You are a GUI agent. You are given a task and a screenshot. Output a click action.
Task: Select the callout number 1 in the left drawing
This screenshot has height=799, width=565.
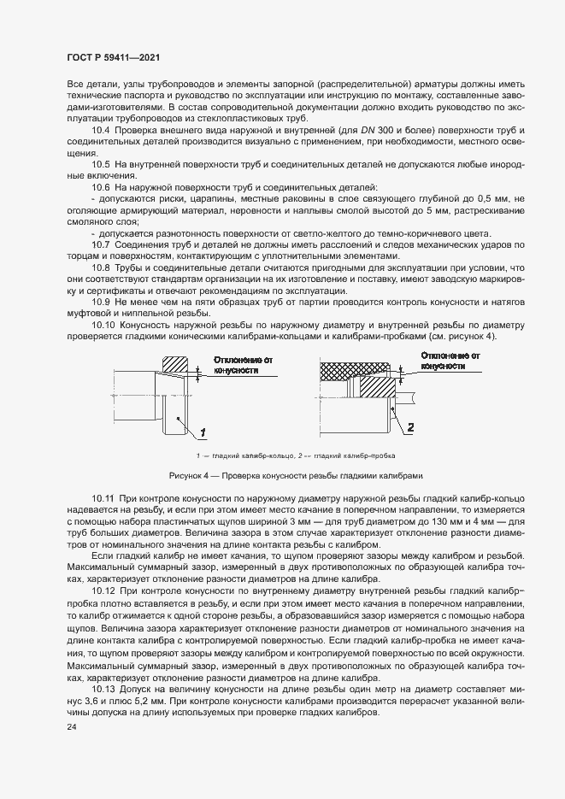pos(203,431)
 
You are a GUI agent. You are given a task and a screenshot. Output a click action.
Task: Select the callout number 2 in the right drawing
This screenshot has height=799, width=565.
pos(410,426)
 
